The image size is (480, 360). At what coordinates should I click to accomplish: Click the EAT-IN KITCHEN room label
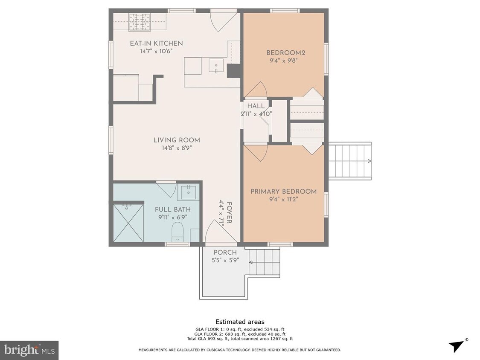156,44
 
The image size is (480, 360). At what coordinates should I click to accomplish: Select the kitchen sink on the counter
216,65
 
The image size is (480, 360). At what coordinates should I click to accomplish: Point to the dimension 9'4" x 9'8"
283,61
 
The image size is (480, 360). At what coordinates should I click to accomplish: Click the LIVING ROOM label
177,140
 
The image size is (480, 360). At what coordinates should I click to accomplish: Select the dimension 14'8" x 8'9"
177,148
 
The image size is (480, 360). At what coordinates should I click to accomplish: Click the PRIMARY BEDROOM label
283,192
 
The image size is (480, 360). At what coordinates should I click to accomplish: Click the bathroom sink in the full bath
188,192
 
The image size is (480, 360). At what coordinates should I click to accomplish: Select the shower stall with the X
128,223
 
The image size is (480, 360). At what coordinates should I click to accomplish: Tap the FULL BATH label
172,209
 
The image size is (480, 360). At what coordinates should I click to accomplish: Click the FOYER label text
229,213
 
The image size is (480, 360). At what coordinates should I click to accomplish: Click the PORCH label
225,253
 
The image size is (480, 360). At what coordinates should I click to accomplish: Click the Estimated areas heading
239,322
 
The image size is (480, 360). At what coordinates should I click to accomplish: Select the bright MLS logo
29,350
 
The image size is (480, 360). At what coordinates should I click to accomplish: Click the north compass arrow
458,346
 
